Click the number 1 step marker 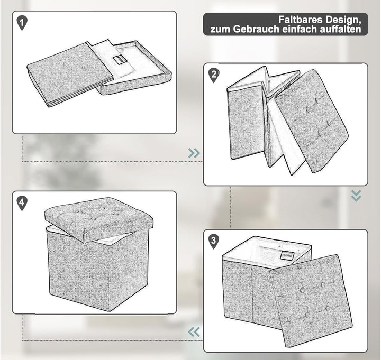22,23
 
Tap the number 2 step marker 214,75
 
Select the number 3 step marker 214,241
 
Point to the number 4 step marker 22,203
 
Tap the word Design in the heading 343,20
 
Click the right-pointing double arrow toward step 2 194,153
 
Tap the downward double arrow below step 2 356,196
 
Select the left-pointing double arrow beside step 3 194,332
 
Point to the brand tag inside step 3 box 287,256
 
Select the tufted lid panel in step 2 311,121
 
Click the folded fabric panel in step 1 70,75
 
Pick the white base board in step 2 286,136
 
